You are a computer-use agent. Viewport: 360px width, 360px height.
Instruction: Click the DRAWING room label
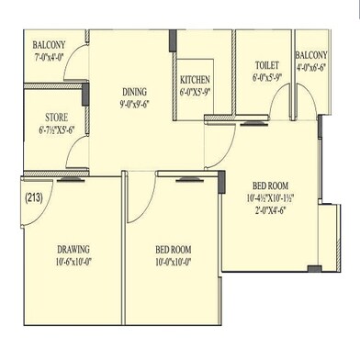(73, 249)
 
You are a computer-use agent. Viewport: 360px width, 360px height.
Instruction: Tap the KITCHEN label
(196, 79)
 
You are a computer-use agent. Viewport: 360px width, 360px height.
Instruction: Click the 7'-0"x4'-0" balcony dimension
(50, 57)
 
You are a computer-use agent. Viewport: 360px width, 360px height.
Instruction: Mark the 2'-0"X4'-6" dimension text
(268, 209)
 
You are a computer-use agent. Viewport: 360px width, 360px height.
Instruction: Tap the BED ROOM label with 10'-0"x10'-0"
(173, 250)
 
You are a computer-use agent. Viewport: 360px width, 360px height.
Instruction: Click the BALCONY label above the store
(49, 45)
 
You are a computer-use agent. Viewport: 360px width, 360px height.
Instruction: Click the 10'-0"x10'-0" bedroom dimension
(173, 262)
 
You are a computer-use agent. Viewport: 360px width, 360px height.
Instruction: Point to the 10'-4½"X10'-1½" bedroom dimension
(269, 197)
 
